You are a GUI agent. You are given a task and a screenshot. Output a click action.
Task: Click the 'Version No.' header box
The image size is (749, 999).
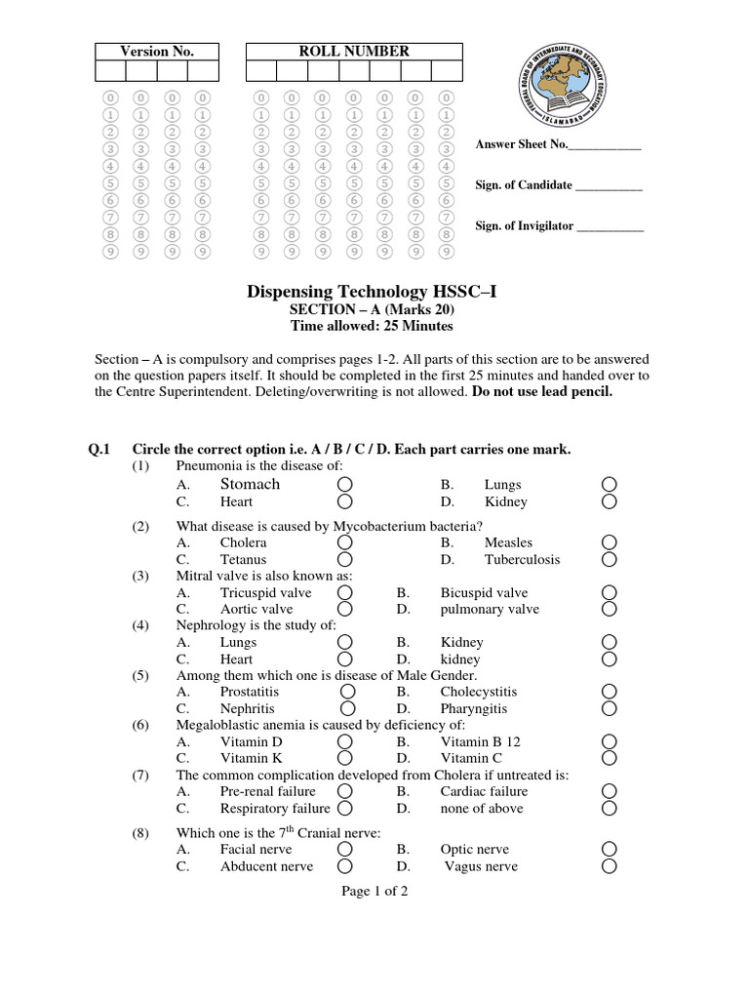[156, 51]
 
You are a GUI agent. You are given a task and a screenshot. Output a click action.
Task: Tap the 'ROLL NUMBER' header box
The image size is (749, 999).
[353, 51]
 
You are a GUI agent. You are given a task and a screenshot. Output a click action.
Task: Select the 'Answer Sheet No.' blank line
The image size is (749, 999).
[604, 145]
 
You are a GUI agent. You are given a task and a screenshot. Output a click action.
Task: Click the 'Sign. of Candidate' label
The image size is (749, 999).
[524, 185]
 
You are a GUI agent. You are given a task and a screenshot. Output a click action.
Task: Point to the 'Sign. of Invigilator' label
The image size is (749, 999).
[525, 225]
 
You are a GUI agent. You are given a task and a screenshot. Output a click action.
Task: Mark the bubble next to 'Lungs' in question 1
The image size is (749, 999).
[609, 485]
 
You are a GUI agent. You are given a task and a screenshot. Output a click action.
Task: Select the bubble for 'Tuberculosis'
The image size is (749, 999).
[609, 560]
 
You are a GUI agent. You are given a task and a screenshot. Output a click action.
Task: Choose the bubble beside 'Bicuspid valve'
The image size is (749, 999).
[609, 593]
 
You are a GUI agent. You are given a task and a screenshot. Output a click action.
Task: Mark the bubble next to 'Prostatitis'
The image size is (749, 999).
[346, 692]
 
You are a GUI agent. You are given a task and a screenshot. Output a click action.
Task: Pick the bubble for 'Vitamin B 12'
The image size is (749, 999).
[609, 741]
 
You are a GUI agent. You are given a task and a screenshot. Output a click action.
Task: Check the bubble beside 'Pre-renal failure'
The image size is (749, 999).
[345, 791]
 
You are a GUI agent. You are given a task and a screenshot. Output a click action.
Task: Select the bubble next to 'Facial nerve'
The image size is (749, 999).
[345, 850]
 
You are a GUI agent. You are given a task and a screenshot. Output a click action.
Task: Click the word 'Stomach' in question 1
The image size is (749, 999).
[250, 484]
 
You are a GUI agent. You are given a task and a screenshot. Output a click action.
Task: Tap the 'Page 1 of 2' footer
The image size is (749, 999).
[374, 891]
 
